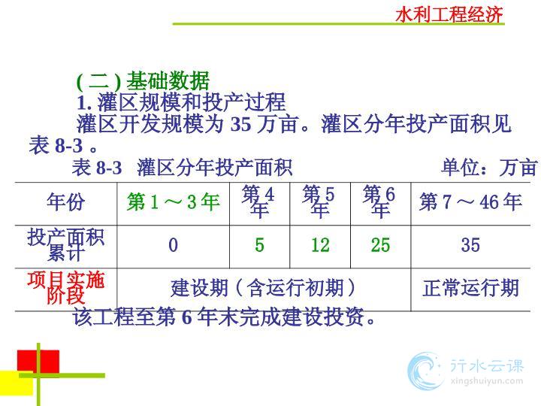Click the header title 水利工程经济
(x=449, y=14)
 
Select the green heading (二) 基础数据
(x=143, y=80)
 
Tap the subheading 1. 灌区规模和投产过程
(x=182, y=102)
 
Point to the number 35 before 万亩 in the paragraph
(x=241, y=124)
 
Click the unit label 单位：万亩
(x=489, y=167)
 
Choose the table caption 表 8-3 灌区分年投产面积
(x=182, y=168)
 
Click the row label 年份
(x=66, y=201)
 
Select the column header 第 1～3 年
(x=174, y=201)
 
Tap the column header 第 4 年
(x=258, y=201)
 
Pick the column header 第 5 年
(x=319, y=201)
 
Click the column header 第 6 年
(x=379, y=201)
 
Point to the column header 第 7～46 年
(x=470, y=201)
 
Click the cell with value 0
(x=174, y=245)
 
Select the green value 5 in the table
(x=259, y=245)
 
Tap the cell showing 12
(x=320, y=245)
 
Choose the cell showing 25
(x=380, y=245)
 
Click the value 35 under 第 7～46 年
(x=470, y=245)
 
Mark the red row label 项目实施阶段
(x=66, y=288)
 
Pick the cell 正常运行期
(x=470, y=288)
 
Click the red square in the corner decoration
(x=38, y=362)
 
